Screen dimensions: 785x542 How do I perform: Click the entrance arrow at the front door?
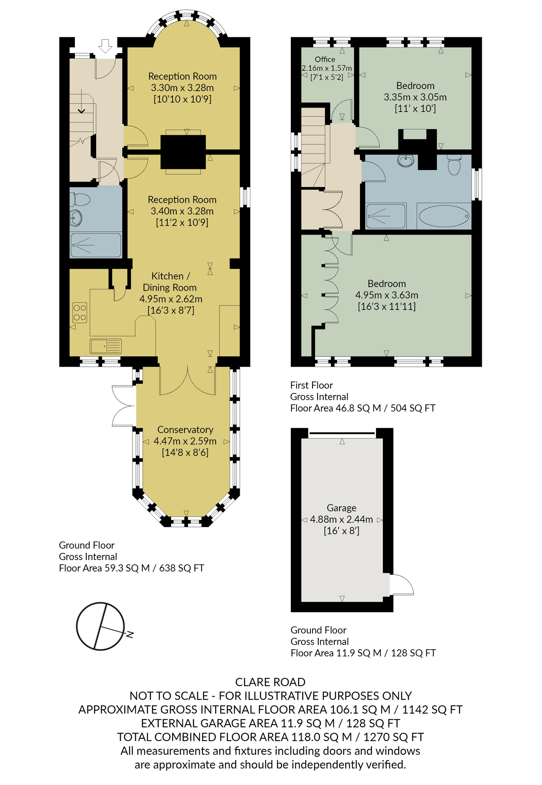[106, 46]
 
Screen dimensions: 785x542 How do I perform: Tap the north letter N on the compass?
[130, 634]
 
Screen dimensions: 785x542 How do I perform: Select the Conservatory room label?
[185, 430]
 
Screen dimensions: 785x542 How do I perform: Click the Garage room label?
[342, 508]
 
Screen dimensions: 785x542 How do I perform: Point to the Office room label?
[325, 59]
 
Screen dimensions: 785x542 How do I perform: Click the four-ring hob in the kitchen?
[80, 312]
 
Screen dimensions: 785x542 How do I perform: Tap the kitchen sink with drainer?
[106, 346]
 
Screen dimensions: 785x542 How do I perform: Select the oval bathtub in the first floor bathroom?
[444, 216]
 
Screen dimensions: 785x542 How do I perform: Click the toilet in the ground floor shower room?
[81, 200]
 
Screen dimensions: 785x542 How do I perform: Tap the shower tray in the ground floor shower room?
[96, 245]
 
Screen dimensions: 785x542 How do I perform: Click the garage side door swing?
[402, 585]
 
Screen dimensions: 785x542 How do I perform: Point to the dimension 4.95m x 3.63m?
[387, 295]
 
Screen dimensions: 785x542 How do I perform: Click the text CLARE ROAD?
[270, 682]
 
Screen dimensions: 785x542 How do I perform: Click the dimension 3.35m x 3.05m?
[415, 97]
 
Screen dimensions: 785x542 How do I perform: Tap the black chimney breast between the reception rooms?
[183, 152]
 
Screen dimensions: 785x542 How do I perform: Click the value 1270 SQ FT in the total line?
[394, 737]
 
